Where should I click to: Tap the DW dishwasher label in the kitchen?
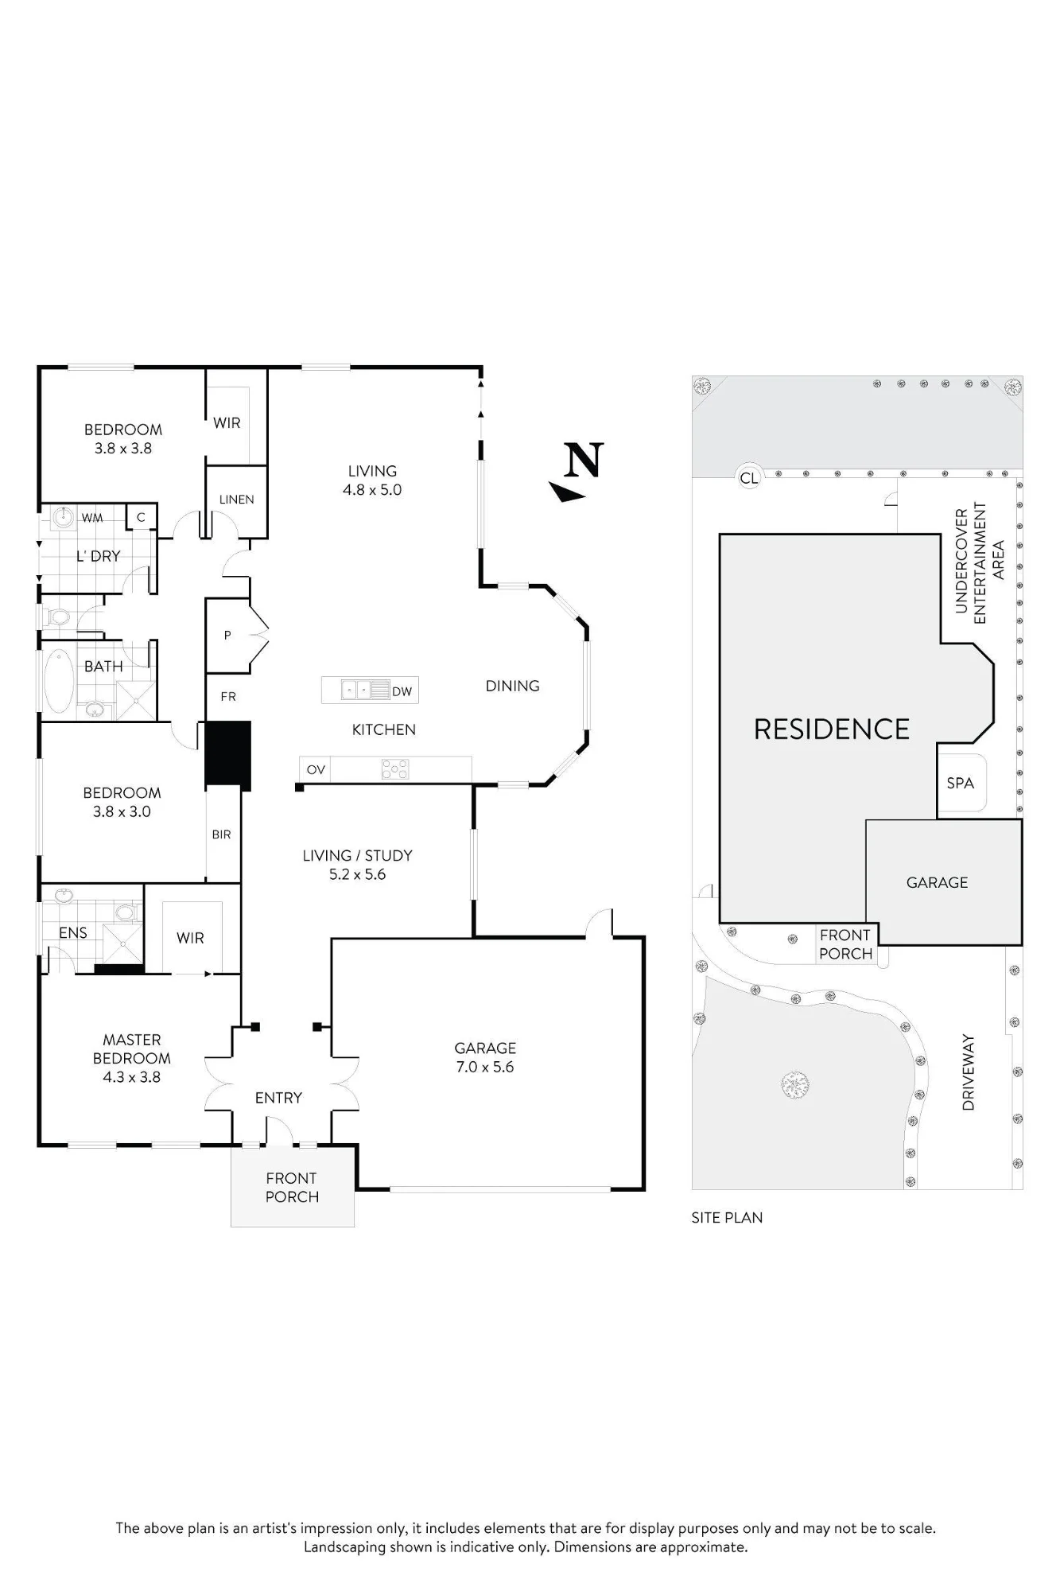pyautogui.click(x=402, y=691)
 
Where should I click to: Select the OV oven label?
pyautogui.click(x=316, y=769)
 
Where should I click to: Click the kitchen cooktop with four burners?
pyautogui.click(x=395, y=769)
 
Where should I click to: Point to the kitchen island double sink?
pyautogui.click(x=355, y=690)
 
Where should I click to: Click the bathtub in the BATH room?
pyautogui.click(x=58, y=682)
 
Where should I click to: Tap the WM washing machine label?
pyautogui.click(x=92, y=518)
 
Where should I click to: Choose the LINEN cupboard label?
pyautogui.click(x=237, y=500)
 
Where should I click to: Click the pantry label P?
pyautogui.click(x=227, y=636)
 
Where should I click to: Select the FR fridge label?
pyautogui.click(x=228, y=697)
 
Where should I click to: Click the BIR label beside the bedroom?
pyautogui.click(x=222, y=834)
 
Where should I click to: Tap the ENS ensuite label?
pyautogui.click(x=73, y=932)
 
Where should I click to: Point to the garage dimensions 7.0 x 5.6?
pyautogui.click(x=485, y=1067)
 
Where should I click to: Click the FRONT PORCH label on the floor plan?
pyautogui.click(x=292, y=1188)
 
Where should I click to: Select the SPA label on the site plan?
pyautogui.click(x=961, y=783)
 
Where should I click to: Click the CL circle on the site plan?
pyautogui.click(x=749, y=477)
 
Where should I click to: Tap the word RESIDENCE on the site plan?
pyautogui.click(x=832, y=729)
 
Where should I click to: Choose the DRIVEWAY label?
pyautogui.click(x=969, y=1072)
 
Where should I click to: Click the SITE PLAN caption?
pyautogui.click(x=727, y=1218)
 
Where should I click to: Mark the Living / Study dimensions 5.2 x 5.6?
pyautogui.click(x=358, y=874)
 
